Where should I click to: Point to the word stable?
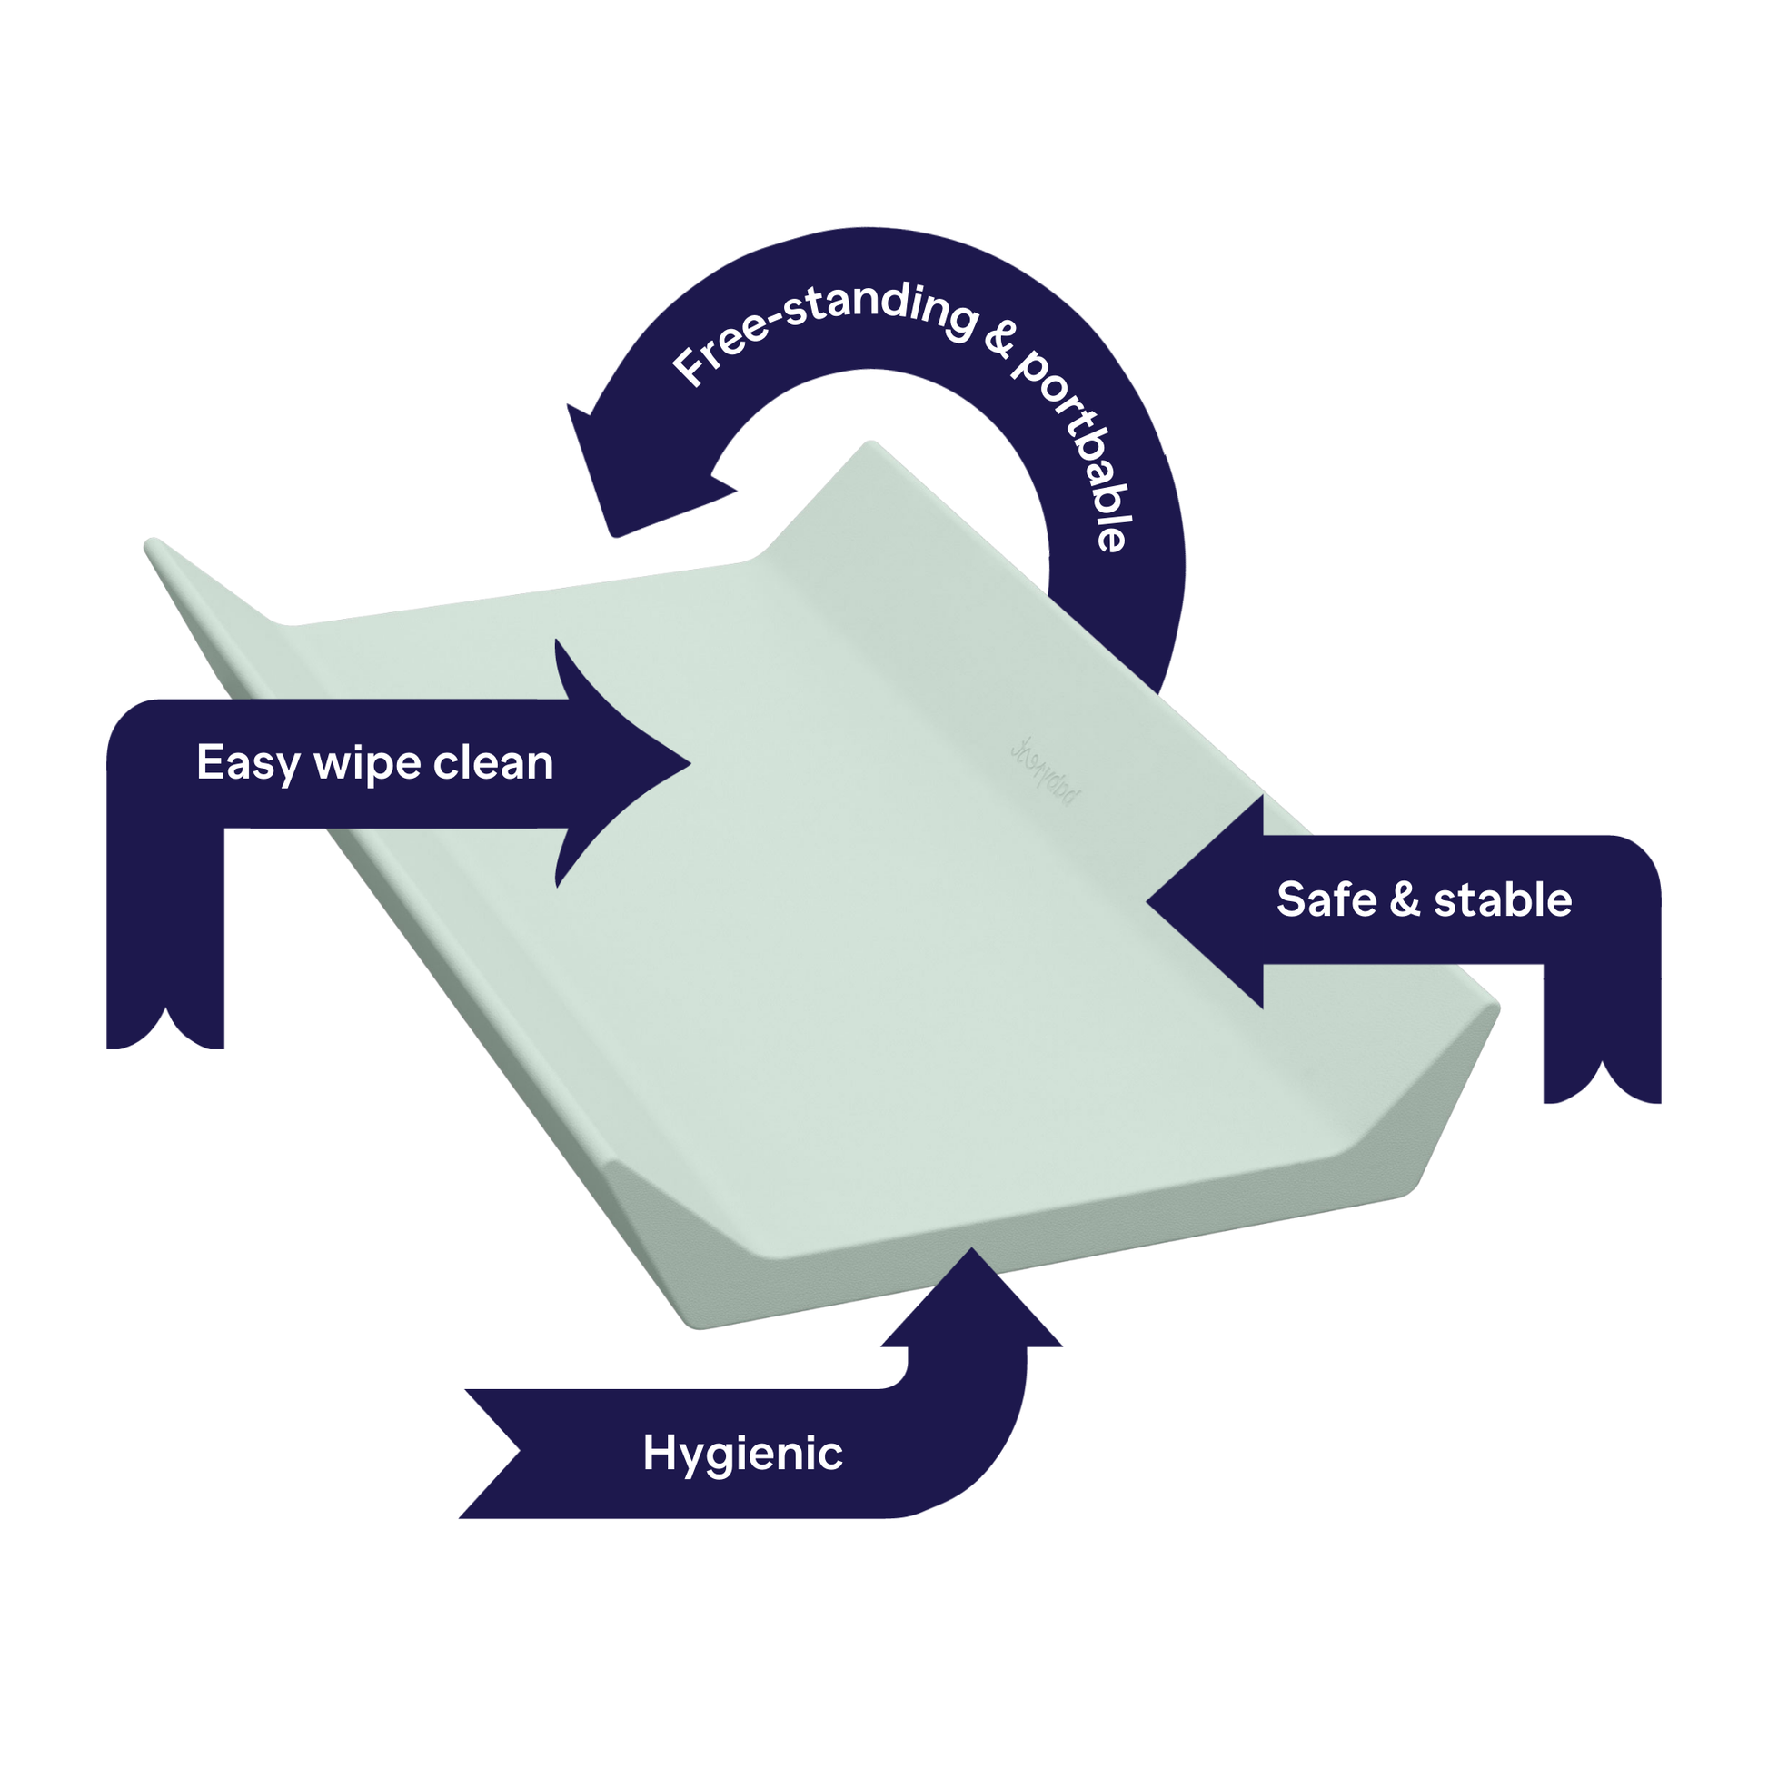tap(1503, 899)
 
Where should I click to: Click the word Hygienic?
tap(742, 1454)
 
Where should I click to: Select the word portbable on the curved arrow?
tap(1085, 449)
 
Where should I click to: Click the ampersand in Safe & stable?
tap(1405, 899)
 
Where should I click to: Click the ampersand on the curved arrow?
tap(1000, 340)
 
